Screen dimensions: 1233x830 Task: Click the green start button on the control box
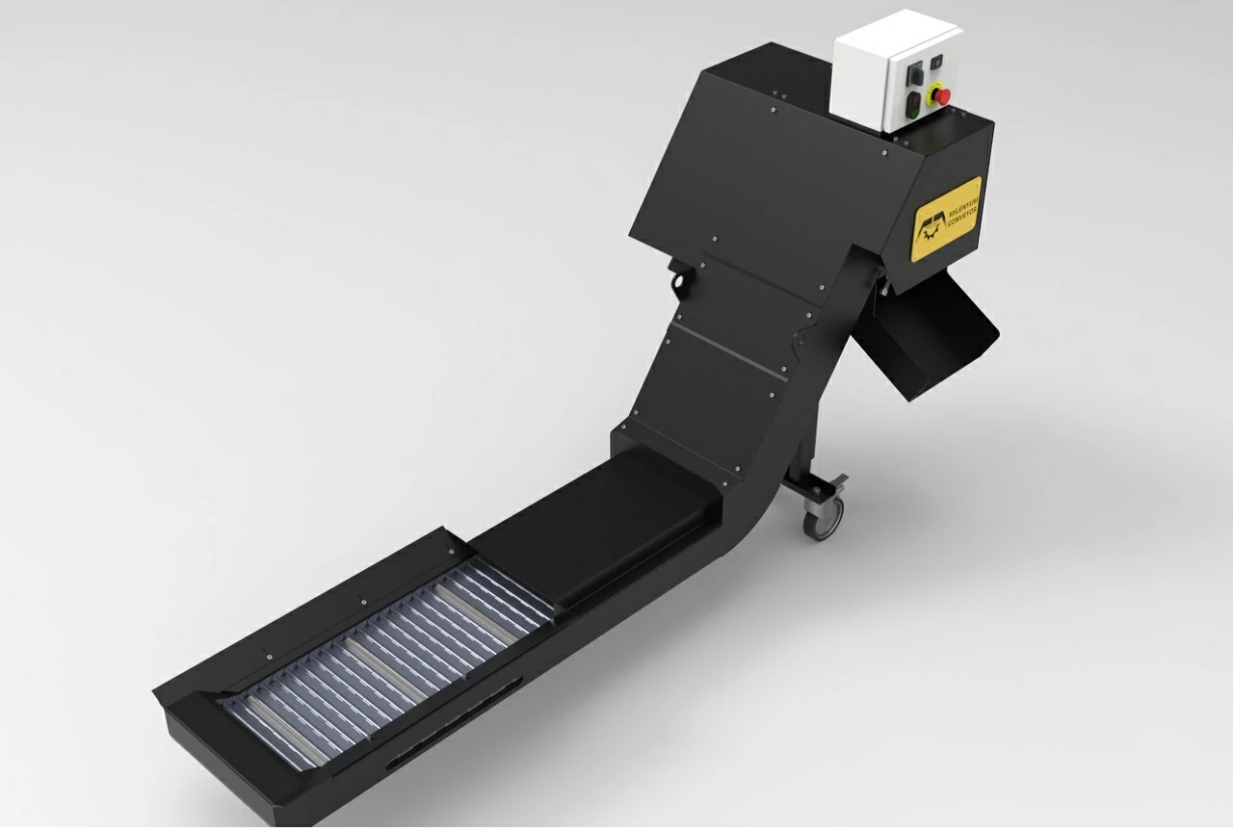[913, 111]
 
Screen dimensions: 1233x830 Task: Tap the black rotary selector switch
[914, 73]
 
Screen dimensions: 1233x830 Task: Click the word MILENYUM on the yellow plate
[963, 206]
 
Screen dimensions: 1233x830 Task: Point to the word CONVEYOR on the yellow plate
[962, 217]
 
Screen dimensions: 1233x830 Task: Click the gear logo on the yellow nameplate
[931, 231]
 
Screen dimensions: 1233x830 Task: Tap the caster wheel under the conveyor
[824, 517]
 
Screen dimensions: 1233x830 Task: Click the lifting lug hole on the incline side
[678, 282]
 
